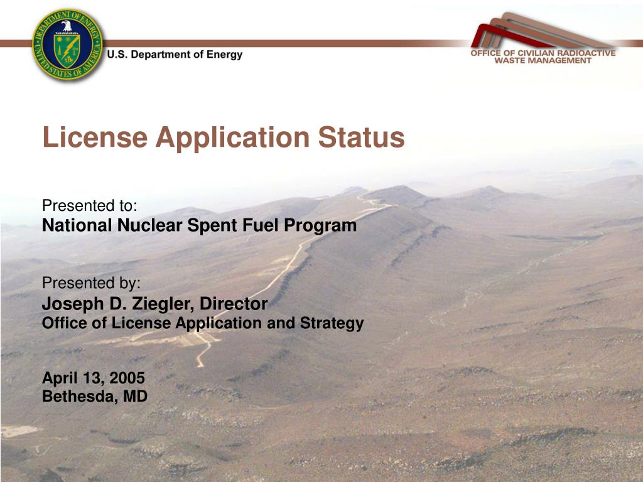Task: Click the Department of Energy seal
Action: pos(68,45)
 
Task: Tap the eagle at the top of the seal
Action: pos(67,26)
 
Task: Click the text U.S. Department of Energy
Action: pos(175,55)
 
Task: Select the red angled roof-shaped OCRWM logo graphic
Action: pos(541,31)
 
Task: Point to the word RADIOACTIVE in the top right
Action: pos(587,53)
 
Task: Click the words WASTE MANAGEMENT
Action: pos(543,61)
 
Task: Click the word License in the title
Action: pos(95,137)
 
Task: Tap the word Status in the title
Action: pos(361,137)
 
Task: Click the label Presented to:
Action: pos(89,205)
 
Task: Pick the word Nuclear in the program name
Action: pos(149,225)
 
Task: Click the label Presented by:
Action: pos(91,283)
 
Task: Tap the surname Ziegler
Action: pos(163,304)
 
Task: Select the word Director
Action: pos(234,304)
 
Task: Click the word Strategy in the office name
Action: pos(332,323)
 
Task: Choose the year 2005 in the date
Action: pos(127,377)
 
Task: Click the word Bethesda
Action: pos(80,396)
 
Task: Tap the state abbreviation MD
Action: pos(136,396)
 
